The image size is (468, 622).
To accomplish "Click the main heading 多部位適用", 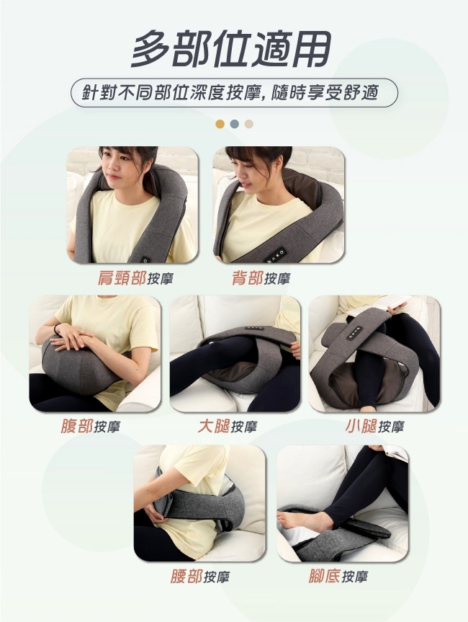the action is (231, 50).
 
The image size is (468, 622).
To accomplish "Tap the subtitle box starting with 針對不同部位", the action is (234, 93).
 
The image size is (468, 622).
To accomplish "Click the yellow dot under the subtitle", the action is (220, 124).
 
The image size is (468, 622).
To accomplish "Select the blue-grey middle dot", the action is (234, 124).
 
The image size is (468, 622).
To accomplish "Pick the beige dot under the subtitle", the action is (249, 124).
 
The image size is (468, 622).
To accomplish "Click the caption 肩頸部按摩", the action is (135, 278).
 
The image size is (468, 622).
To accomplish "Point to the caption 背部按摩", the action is (261, 278).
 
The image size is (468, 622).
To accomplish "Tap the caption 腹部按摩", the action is (90, 427).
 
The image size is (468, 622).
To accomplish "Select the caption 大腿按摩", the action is (228, 427).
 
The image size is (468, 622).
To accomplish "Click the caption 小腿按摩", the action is (374, 427).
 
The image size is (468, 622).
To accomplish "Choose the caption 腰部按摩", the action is (199, 577).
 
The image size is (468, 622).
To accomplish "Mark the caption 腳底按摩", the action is (338, 577).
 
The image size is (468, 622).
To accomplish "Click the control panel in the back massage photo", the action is (275, 254).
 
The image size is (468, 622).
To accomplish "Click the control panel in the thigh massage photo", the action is (255, 328).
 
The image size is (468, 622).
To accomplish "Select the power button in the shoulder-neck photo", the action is (145, 260).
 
